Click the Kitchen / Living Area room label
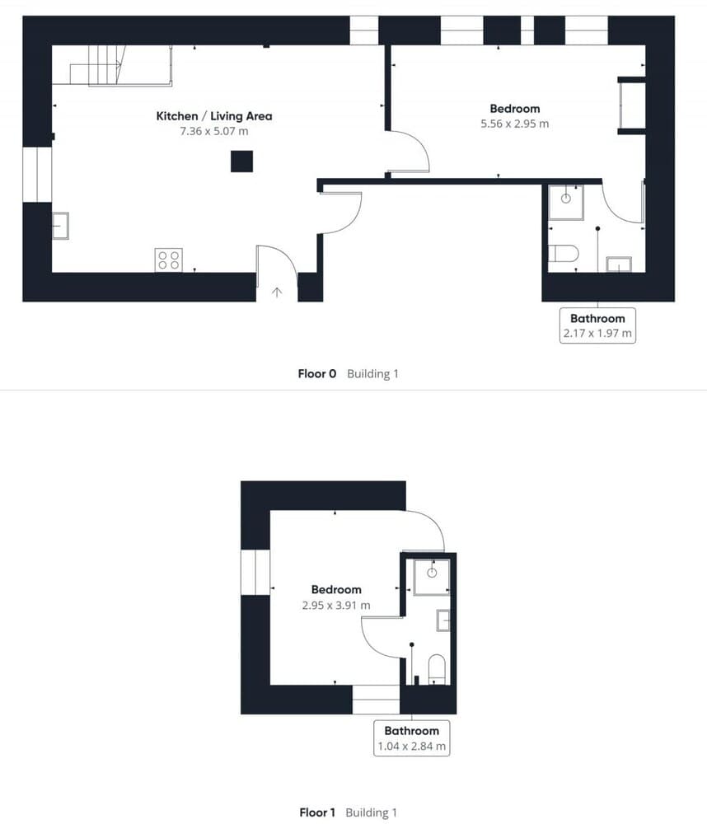pos(213,116)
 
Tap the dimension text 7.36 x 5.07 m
pos(213,131)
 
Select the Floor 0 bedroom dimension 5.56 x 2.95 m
pos(514,124)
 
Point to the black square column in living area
pos(241,161)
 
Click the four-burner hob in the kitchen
pos(168,260)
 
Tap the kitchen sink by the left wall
pos(61,225)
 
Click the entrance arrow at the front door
pos(277,291)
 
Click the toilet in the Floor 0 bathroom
pos(564,251)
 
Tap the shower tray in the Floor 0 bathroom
pos(566,200)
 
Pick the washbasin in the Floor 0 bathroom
pos(618,264)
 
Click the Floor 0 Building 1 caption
pos(348,373)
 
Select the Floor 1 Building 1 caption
pos(348,812)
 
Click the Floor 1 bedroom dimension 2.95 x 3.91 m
pos(335,605)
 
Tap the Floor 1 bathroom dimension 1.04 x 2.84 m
pos(411,747)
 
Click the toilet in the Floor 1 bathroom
pos(438,668)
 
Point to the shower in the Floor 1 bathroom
pos(431,575)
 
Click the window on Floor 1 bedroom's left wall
pos(255,571)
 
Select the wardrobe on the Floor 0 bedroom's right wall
pos(631,105)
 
